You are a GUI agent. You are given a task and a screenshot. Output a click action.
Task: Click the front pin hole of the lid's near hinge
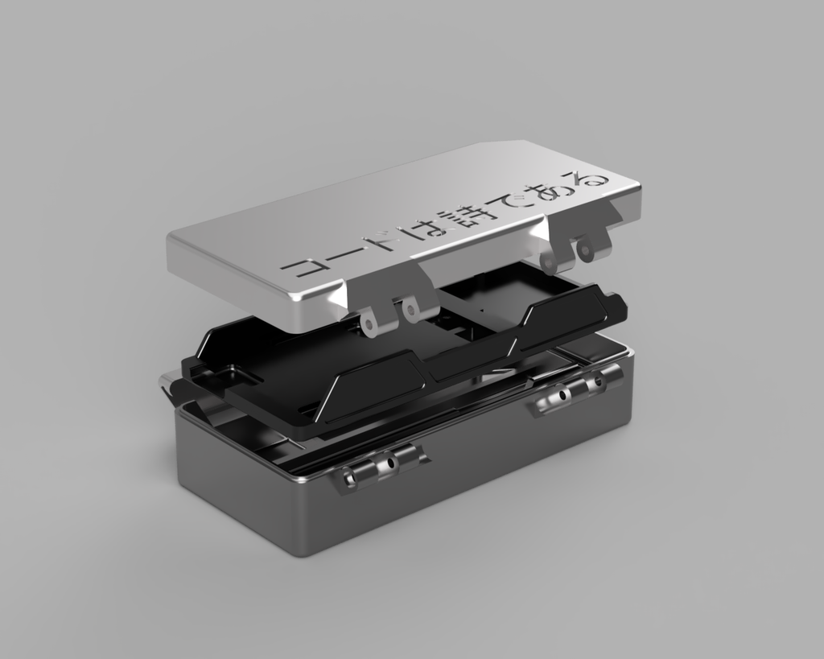point(371,325)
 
